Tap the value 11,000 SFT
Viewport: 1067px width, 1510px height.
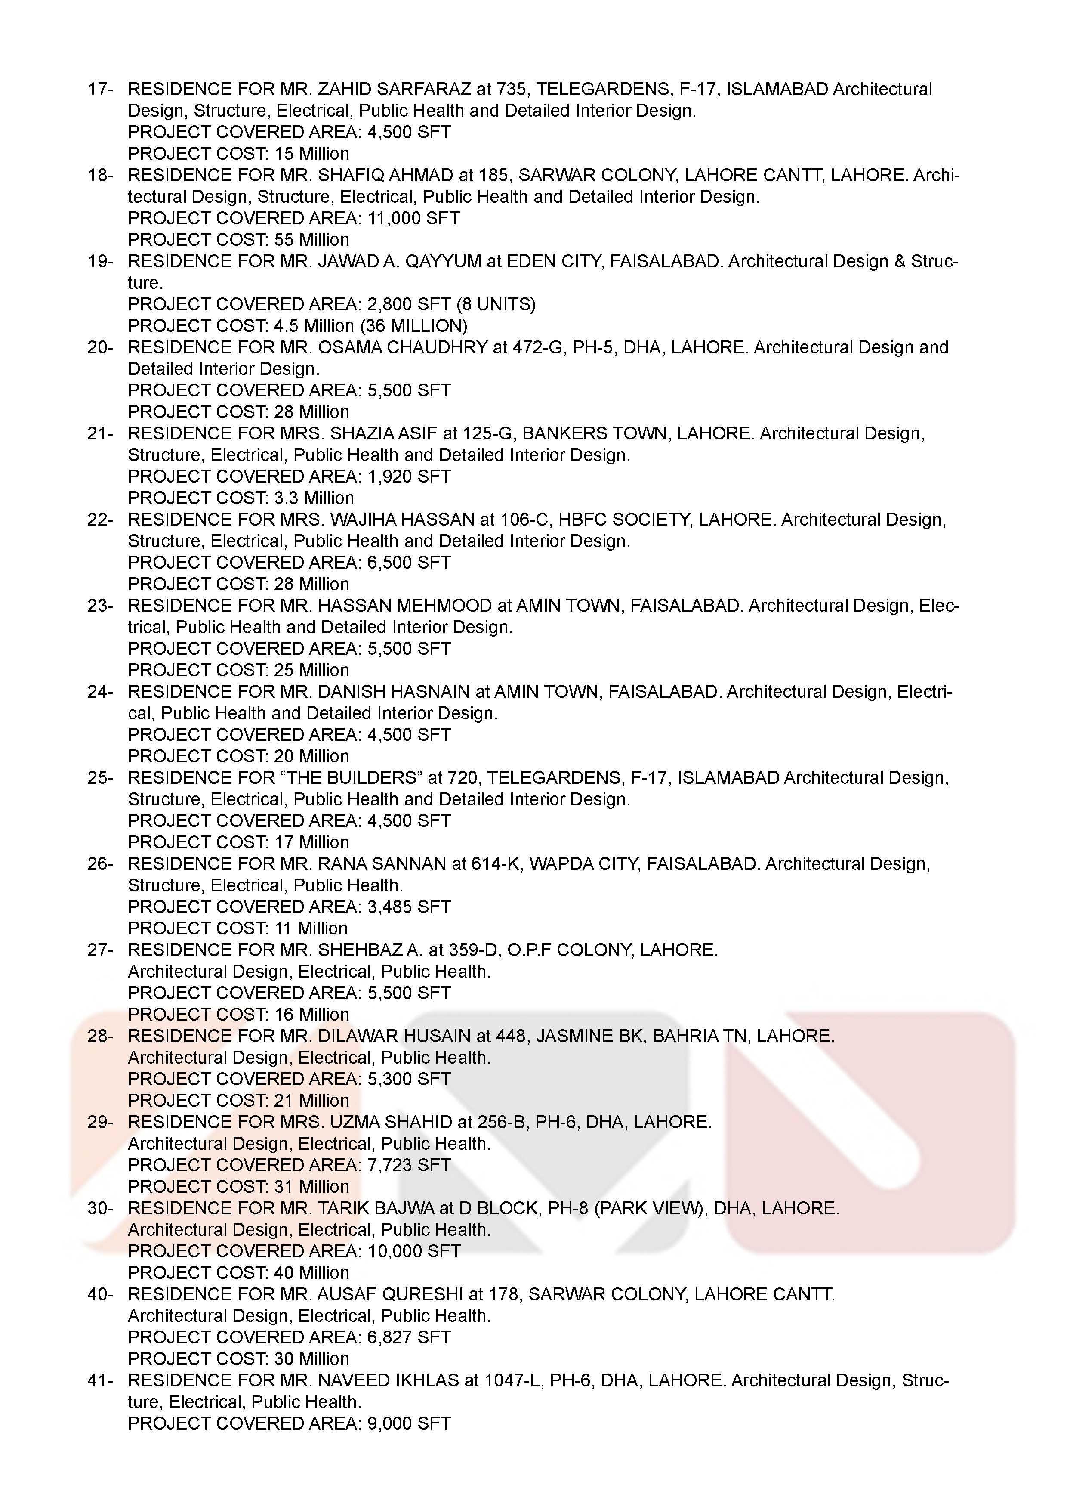click(413, 218)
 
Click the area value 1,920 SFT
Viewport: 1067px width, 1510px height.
click(409, 477)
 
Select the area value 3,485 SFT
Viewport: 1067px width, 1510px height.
click(409, 907)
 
